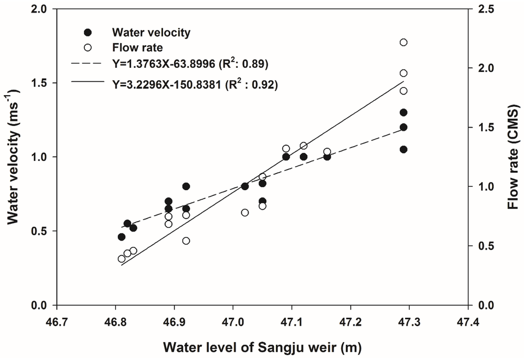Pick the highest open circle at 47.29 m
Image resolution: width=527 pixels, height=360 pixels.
click(403, 42)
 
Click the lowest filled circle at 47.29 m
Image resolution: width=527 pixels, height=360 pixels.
click(403, 149)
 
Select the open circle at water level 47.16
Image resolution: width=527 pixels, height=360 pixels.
click(327, 152)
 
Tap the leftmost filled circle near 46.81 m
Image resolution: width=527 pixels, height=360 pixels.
click(121, 237)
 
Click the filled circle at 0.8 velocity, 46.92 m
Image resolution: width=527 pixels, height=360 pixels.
click(186, 186)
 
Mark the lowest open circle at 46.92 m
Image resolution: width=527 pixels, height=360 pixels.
click(186, 241)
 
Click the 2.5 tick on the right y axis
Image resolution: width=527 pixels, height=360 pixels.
click(485, 9)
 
